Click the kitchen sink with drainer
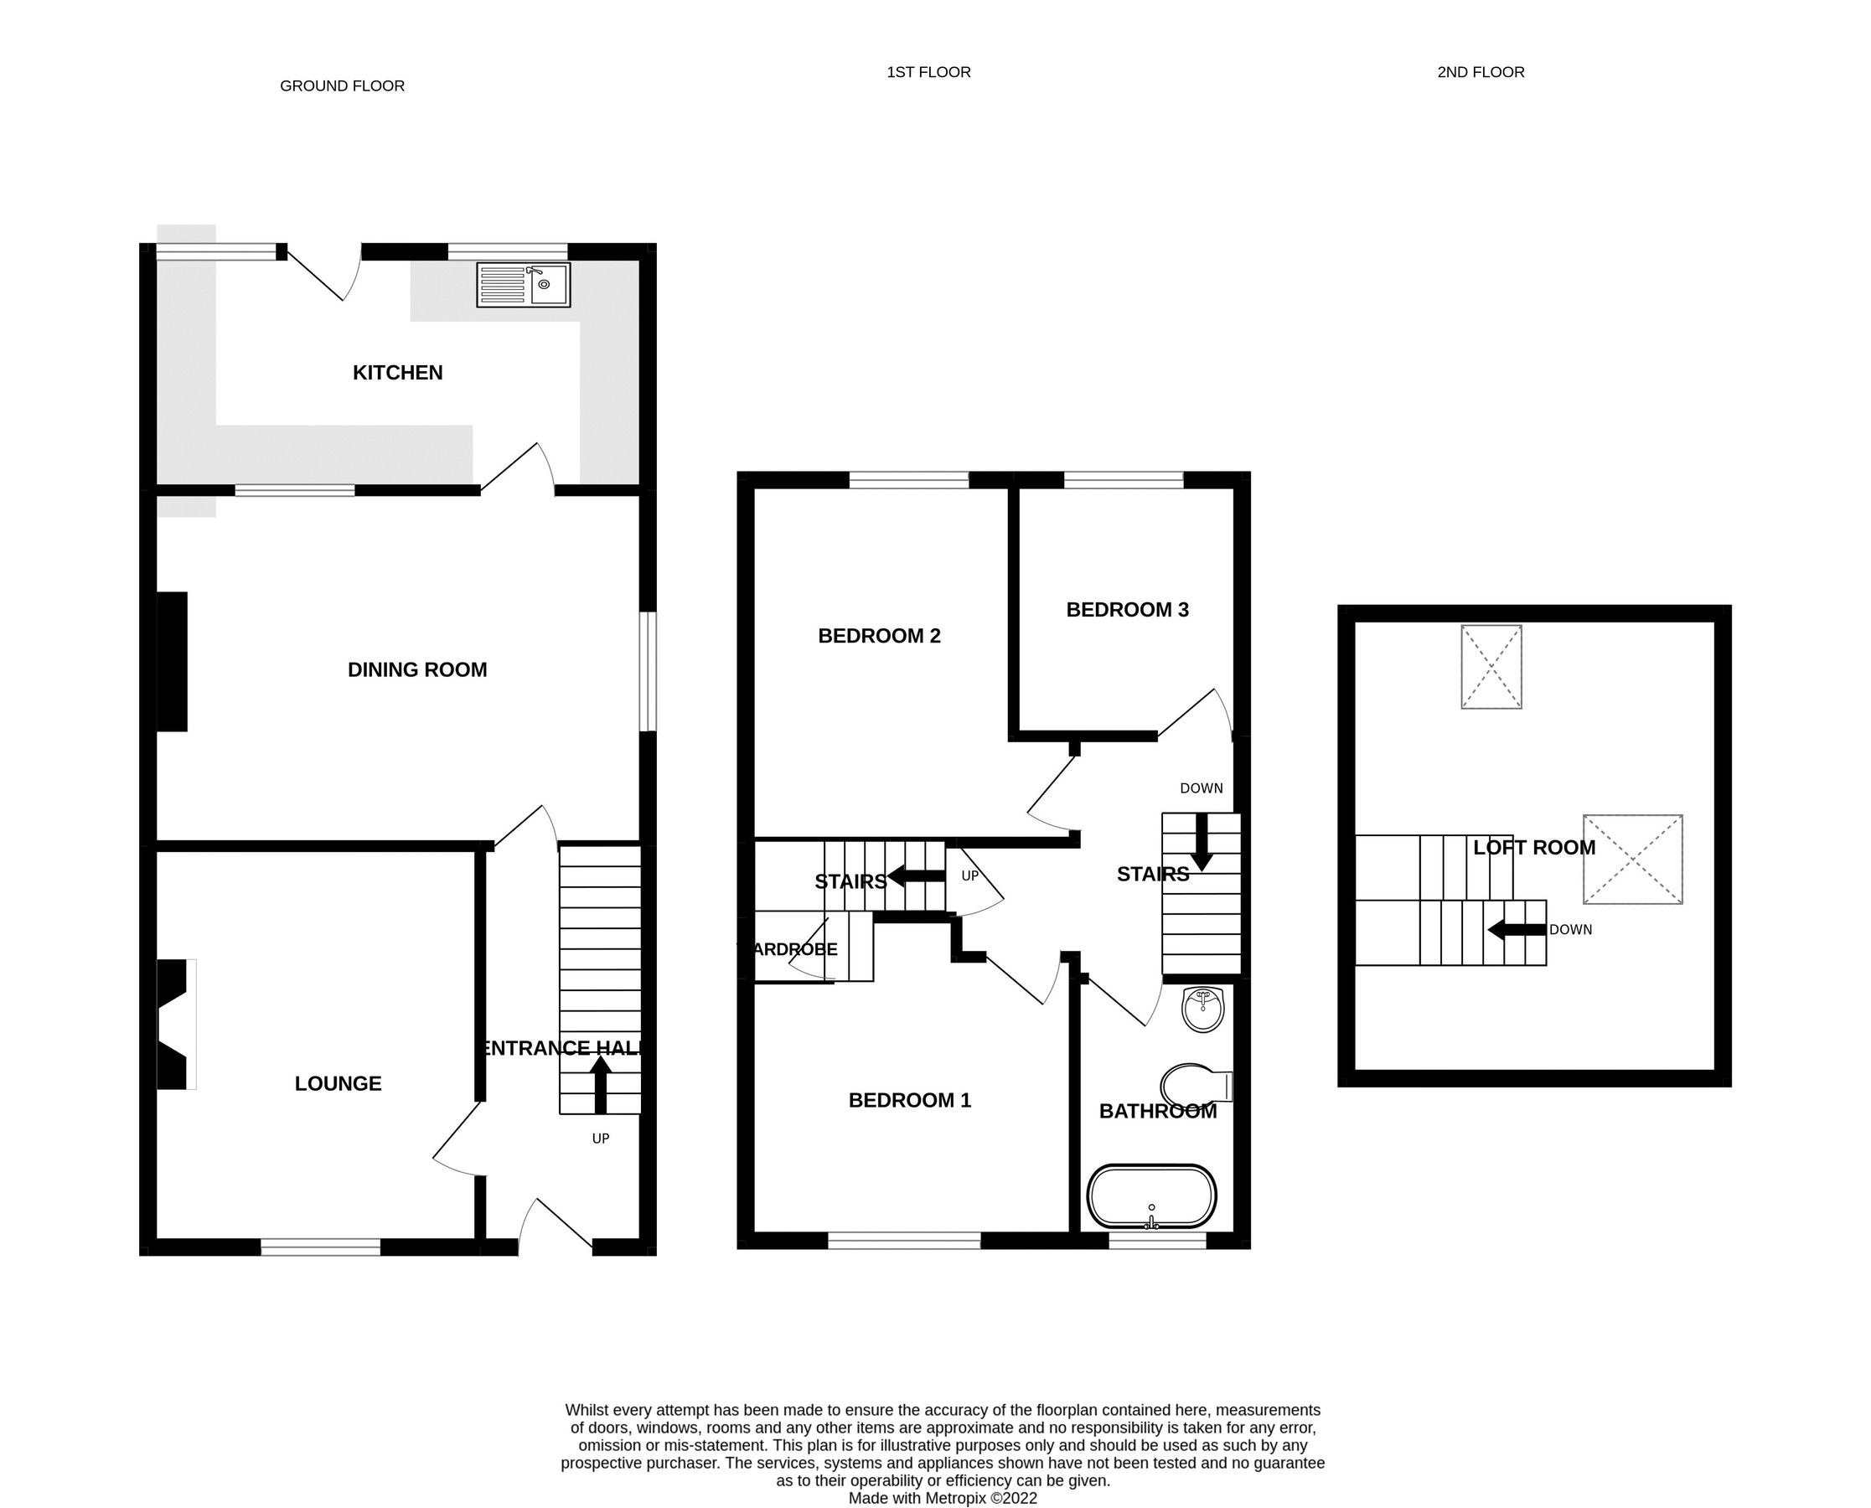(x=523, y=285)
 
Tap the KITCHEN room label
(x=398, y=373)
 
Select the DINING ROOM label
(x=417, y=669)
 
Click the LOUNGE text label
(x=338, y=1083)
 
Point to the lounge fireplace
(x=173, y=1024)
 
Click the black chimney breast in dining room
(x=172, y=662)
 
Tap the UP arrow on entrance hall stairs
(x=600, y=1085)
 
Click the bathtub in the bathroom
(x=1152, y=1197)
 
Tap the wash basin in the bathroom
(x=1204, y=1010)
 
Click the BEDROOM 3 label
(x=1128, y=610)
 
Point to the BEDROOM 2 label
(x=879, y=636)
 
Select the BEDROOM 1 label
(x=909, y=1101)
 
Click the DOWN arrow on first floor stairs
(x=1202, y=841)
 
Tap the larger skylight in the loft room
(x=1632, y=859)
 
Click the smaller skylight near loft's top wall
(x=1491, y=666)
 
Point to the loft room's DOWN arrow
(x=1517, y=929)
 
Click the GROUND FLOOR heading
(x=342, y=86)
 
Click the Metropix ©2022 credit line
(x=943, y=1499)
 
